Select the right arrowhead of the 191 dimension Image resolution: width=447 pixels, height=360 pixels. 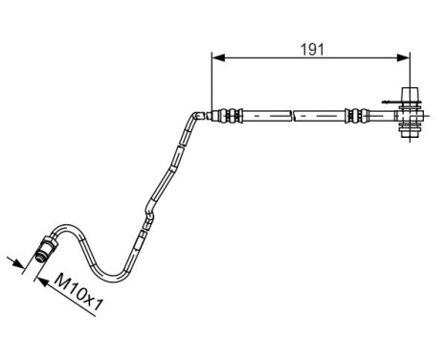pos(407,59)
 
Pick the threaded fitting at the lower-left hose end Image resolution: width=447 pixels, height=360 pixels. pos(44,251)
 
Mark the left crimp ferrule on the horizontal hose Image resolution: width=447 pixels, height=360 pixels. pos(230,116)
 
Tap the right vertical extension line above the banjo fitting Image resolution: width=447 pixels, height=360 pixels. pos(413,72)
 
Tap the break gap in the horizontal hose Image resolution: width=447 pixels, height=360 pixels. pos(293,116)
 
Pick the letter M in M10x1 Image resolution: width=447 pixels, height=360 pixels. pos(59,281)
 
